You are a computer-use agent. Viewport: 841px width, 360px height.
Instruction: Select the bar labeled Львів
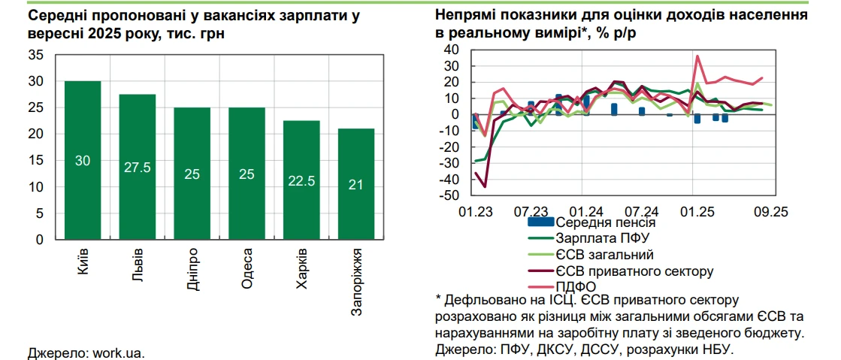pos(137,166)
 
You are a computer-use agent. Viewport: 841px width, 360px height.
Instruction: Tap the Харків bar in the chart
pos(301,180)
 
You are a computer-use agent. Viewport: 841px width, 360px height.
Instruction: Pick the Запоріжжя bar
pos(355,183)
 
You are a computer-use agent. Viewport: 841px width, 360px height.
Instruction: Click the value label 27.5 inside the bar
pos(137,167)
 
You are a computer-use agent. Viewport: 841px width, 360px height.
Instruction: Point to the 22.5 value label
pos(301,180)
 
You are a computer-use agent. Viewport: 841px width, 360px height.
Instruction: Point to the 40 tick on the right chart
pos(452,50)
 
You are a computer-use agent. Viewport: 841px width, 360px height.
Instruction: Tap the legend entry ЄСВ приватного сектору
pos(634,270)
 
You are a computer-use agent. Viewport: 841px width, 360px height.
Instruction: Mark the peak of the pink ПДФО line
pos(697,56)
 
